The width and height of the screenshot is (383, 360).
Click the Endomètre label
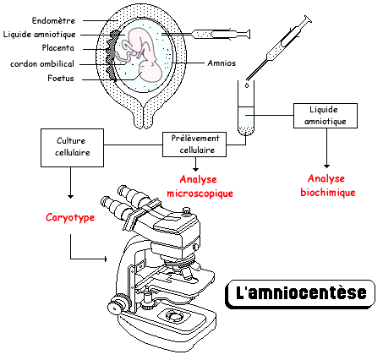coord(53,20)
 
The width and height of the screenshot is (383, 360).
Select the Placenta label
coord(58,48)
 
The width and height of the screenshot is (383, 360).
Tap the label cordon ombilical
coord(42,64)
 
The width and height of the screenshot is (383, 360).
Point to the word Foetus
coord(61,78)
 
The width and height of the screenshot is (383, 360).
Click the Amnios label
coord(222,63)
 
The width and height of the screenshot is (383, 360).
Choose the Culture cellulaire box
coord(72,148)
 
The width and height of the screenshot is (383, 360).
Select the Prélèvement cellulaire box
coord(194,145)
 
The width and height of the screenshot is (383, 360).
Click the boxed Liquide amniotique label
coord(326,116)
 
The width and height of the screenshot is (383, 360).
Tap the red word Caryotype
coord(70,218)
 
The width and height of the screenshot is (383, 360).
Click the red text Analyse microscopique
coord(200,187)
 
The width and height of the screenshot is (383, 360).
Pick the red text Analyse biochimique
coord(328,186)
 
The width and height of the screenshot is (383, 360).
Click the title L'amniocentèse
coord(301,294)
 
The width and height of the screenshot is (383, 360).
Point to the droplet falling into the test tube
coord(247,85)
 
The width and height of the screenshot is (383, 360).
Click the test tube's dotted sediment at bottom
coord(246,130)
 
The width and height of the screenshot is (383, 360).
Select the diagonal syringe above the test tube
coord(279,48)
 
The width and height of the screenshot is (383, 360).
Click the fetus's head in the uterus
coord(151,72)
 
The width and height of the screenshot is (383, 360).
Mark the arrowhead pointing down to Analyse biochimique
coord(326,166)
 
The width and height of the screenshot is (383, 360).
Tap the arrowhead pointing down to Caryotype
coord(70,196)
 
